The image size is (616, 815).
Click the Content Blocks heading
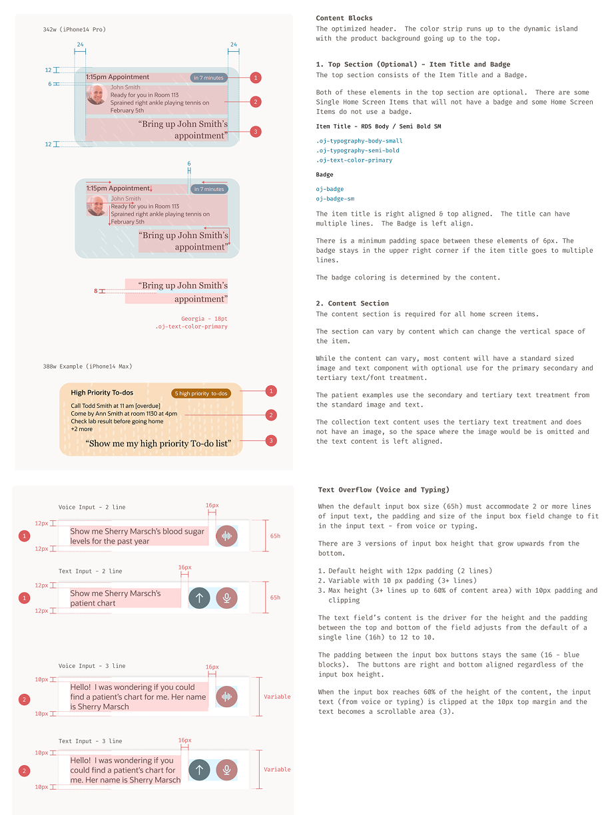point(344,18)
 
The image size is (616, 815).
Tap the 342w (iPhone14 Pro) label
point(75,29)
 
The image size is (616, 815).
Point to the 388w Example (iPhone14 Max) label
point(87,366)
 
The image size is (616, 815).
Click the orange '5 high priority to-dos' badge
point(200,393)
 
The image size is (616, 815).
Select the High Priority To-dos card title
point(102,393)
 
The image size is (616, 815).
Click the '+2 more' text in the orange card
point(82,429)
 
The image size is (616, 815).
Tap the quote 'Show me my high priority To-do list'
point(158,443)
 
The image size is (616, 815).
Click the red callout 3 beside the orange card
point(271,440)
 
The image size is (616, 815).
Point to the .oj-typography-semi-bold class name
point(358,150)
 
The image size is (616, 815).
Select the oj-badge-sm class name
point(335,199)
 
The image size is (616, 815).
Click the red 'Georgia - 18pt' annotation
point(204,319)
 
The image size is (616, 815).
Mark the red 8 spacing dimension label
point(95,291)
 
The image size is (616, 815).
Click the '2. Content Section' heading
point(352,303)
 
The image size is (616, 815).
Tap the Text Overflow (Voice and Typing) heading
point(384,490)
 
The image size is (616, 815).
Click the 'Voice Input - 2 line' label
point(92,507)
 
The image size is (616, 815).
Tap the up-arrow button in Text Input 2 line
point(199,598)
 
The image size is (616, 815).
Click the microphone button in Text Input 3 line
point(226,770)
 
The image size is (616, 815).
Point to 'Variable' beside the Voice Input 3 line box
point(277,697)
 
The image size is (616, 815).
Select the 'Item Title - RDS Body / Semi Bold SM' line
point(378,126)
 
